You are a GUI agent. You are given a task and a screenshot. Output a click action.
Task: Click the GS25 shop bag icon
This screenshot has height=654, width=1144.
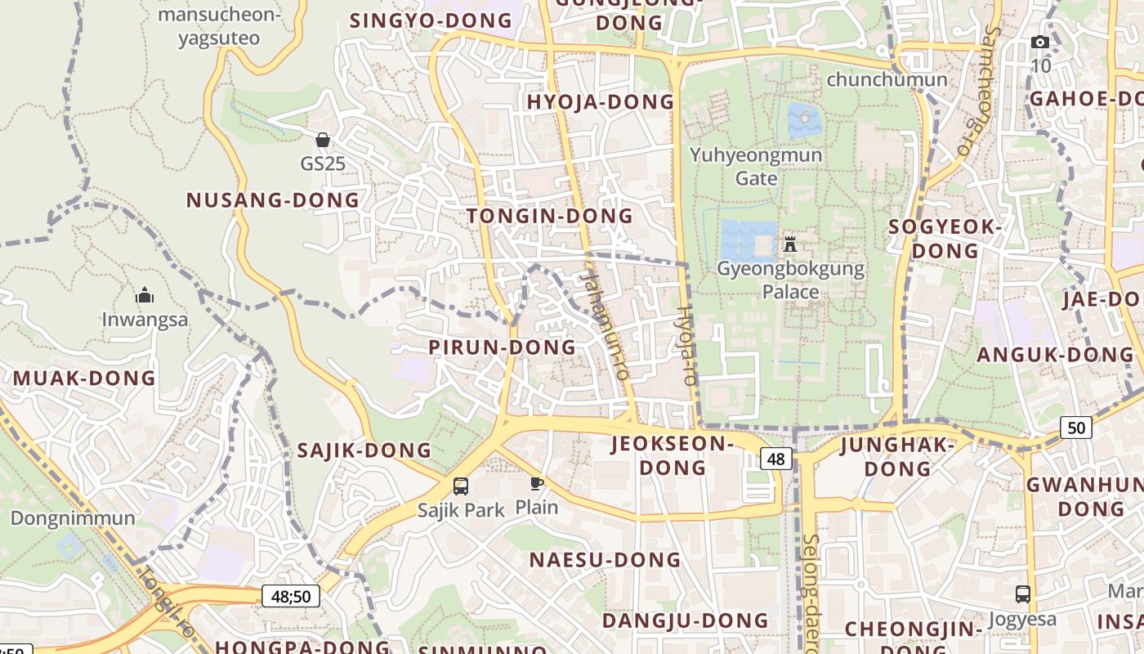pyautogui.click(x=323, y=140)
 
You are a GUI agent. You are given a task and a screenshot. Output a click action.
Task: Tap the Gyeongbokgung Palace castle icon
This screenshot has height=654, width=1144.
pyautogui.click(x=789, y=244)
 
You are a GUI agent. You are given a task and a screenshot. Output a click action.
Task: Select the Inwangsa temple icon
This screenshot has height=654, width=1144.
pyautogui.click(x=145, y=295)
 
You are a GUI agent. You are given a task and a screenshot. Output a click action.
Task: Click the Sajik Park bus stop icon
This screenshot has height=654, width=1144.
pyautogui.click(x=461, y=486)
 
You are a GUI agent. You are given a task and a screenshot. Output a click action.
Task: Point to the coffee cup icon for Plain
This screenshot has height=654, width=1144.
pyautogui.click(x=536, y=483)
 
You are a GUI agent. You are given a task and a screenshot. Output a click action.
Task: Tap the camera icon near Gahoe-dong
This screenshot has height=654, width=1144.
pyautogui.click(x=1040, y=43)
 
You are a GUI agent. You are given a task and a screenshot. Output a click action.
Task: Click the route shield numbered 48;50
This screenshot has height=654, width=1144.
pyautogui.click(x=291, y=596)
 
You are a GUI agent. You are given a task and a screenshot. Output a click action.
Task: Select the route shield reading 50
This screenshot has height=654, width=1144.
pyautogui.click(x=1076, y=427)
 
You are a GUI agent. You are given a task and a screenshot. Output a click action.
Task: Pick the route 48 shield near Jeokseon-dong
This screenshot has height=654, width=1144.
pyautogui.click(x=775, y=459)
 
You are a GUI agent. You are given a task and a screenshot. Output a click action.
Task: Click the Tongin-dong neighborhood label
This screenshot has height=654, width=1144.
pyautogui.click(x=549, y=216)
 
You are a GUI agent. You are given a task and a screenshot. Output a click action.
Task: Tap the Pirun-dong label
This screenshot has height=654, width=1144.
pyautogui.click(x=503, y=347)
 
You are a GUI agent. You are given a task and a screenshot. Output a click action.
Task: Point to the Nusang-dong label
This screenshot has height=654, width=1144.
pyautogui.click(x=273, y=200)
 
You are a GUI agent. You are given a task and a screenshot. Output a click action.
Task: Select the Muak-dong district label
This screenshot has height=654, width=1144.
pyautogui.click(x=84, y=379)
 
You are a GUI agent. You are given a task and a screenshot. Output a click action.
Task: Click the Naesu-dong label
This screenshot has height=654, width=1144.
pyautogui.click(x=605, y=560)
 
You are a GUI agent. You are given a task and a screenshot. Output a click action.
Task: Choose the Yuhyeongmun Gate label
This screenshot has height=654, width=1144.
pyautogui.click(x=756, y=166)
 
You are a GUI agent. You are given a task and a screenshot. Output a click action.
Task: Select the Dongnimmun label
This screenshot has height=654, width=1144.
pyautogui.click(x=73, y=518)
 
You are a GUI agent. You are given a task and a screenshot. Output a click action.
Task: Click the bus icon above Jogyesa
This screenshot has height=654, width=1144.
pyautogui.click(x=1022, y=594)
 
